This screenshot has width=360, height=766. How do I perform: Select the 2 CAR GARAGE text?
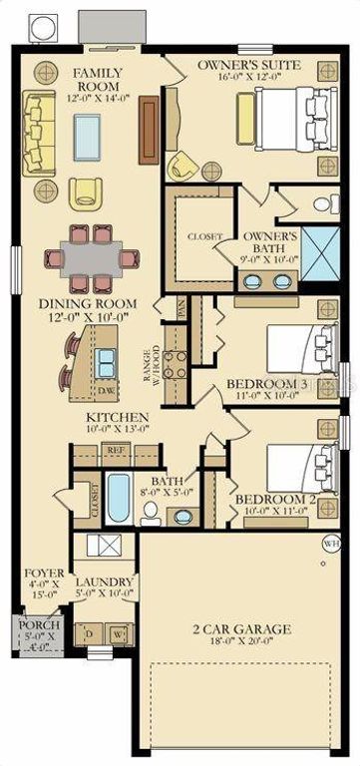(x=242, y=629)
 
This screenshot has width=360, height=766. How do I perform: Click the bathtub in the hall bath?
(x=119, y=499)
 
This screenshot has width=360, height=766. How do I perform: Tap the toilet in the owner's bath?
(x=324, y=205)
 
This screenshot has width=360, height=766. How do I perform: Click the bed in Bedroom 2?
(x=299, y=466)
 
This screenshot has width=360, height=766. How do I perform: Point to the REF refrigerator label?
(x=115, y=451)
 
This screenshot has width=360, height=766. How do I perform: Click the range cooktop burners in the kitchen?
(x=176, y=366)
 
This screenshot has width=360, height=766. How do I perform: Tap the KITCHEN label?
(x=117, y=416)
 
